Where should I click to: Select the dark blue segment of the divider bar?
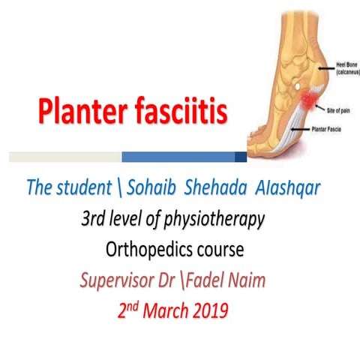point(241,157)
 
